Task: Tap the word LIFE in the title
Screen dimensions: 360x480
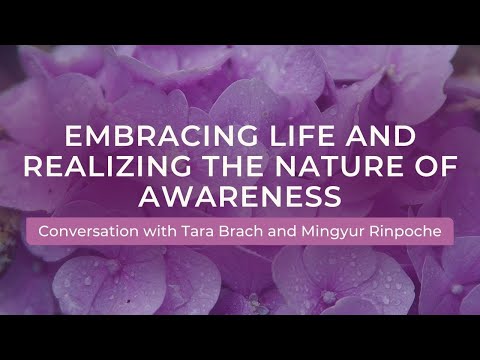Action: tap(262, 136)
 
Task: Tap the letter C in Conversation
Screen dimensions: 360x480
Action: tap(44, 231)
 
